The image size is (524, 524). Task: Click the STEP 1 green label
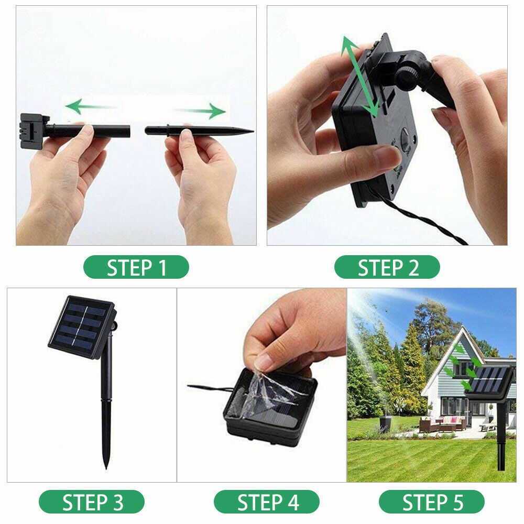136,267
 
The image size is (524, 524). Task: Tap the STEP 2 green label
387,267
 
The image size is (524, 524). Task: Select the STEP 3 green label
92,501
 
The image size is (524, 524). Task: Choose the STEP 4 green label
267,501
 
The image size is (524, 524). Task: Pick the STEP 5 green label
432,501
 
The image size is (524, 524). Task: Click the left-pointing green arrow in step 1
91,106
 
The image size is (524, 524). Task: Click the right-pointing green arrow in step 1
200,111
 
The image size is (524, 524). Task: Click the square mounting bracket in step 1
32,130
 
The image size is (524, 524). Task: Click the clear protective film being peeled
268,394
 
